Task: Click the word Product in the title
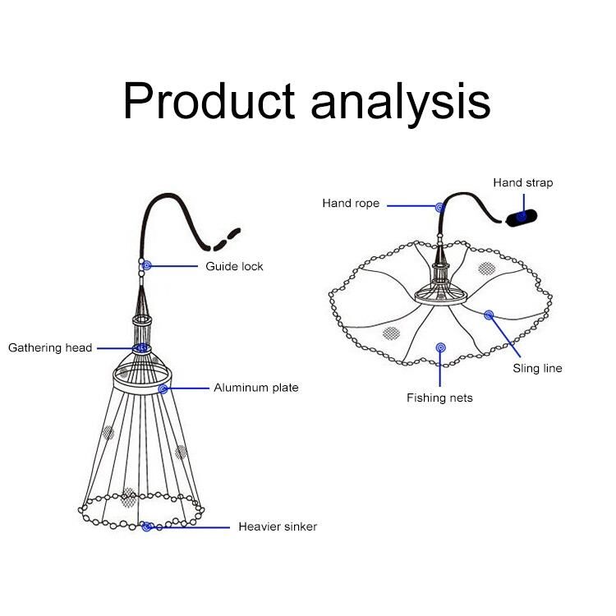[209, 101]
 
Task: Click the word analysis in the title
[401, 101]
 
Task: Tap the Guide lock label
[234, 267]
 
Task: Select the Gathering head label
[50, 348]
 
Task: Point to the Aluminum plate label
[256, 388]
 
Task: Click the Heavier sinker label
[278, 526]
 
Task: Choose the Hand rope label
[351, 204]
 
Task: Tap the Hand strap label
[522, 182]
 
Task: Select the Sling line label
[537, 369]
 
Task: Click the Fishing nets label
[439, 398]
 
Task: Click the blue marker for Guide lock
[145, 266]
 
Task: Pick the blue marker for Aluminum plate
[164, 388]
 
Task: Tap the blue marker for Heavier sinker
[146, 527]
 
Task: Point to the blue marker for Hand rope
[439, 207]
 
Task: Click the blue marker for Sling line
[489, 315]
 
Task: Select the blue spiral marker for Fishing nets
[440, 347]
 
